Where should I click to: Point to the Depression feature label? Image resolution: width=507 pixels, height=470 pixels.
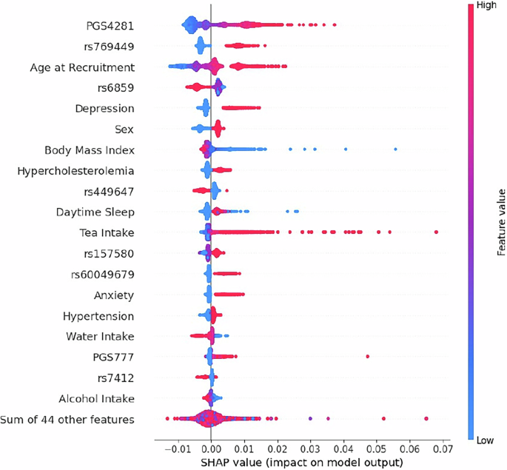104,109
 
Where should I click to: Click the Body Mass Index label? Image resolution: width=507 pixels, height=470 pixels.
90,150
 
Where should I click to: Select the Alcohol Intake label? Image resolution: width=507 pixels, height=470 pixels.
98,399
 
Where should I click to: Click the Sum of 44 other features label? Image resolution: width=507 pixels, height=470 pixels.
68,420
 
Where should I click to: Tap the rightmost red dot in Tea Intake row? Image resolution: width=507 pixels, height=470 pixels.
437,232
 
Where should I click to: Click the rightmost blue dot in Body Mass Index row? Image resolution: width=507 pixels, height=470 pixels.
396,150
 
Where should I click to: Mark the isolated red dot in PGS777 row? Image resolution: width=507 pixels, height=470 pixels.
367,357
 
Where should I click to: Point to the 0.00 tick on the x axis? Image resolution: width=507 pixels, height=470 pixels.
211,448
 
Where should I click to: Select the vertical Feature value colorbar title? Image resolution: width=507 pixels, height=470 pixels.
501,222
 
